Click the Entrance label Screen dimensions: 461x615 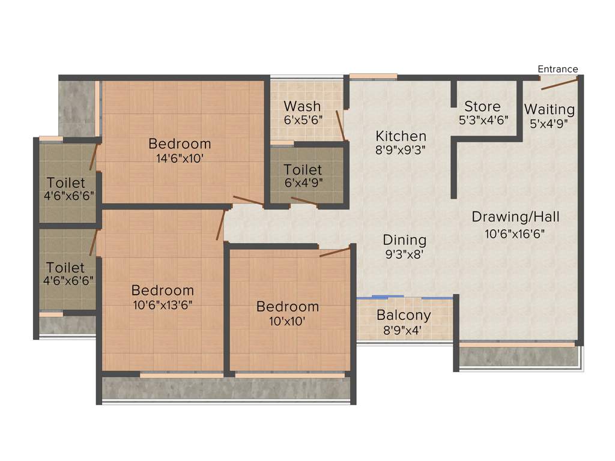point(557,69)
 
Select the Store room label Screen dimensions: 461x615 point(482,107)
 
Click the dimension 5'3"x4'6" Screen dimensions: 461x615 point(483,119)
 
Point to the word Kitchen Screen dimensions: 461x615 point(401,136)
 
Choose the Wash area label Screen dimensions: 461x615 point(302,107)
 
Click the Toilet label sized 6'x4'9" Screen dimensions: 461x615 point(303,170)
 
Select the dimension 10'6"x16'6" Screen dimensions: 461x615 point(515,234)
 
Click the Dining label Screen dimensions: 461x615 point(404,240)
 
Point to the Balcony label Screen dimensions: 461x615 point(404,315)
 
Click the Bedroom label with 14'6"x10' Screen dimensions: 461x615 point(180,143)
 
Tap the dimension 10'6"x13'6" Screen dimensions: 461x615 point(163,304)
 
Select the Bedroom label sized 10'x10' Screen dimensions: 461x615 point(288,307)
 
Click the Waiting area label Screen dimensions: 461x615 point(549,110)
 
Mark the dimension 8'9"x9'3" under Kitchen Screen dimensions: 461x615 point(401,150)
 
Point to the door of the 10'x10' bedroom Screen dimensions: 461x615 point(335,251)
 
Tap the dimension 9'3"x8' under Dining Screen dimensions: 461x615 point(404,255)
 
